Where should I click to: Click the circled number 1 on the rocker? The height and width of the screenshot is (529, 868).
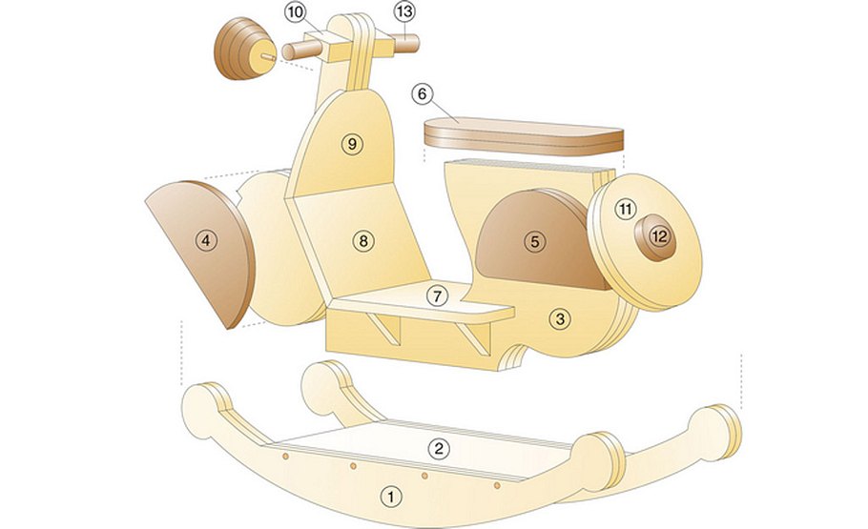(x=391, y=497)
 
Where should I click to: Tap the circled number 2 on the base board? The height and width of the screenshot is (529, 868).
(x=439, y=448)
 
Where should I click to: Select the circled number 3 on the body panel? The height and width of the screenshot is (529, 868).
(x=560, y=318)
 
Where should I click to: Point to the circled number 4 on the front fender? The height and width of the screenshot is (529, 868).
(x=206, y=241)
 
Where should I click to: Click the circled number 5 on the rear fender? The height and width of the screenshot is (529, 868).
(x=534, y=242)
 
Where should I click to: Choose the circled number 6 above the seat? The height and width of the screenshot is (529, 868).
(x=422, y=94)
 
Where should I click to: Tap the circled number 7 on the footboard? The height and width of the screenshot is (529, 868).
(x=437, y=296)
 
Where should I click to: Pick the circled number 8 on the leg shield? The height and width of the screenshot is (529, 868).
(x=363, y=241)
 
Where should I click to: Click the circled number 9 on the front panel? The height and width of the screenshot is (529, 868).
(x=352, y=144)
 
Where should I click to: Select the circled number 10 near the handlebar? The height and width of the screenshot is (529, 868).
(x=296, y=12)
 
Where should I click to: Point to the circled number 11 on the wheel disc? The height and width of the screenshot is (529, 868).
(x=626, y=209)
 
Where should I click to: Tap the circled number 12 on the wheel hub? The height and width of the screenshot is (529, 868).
(x=659, y=236)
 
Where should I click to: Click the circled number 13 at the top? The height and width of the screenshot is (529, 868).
(x=404, y=11)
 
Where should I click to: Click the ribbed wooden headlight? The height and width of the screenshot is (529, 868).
(x=245, y=49)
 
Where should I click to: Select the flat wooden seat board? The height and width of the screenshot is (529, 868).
(x=524, y=136)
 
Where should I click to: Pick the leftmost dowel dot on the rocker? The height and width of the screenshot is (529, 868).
(x=285, y=456)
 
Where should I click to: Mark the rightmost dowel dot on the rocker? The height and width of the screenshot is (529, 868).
(x=497, y=485)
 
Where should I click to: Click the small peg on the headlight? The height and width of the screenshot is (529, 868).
(x=268, y=56)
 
